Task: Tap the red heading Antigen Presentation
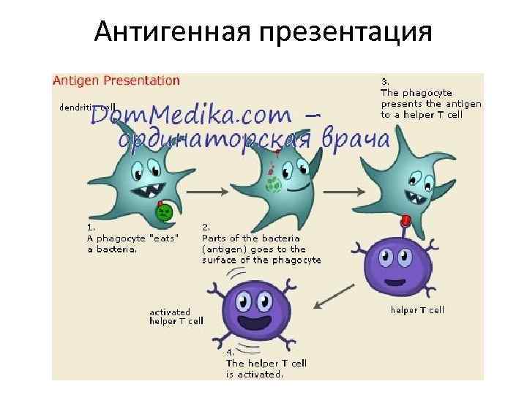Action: (116, 80)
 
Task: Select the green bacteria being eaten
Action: (164, 212)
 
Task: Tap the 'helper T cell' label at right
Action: (417, 310)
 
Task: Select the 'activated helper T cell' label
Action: (176, 316)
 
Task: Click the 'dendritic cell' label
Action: (87, 107)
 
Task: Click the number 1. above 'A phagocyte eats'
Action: (90, 227)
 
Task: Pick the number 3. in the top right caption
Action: (385, 82)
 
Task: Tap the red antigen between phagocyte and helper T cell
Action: (405, 219)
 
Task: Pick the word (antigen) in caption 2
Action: (225, 249)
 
